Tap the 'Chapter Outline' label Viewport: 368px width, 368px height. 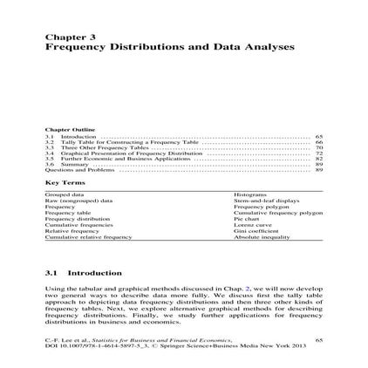[66, 130]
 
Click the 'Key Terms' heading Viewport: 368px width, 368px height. [60, 181]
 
